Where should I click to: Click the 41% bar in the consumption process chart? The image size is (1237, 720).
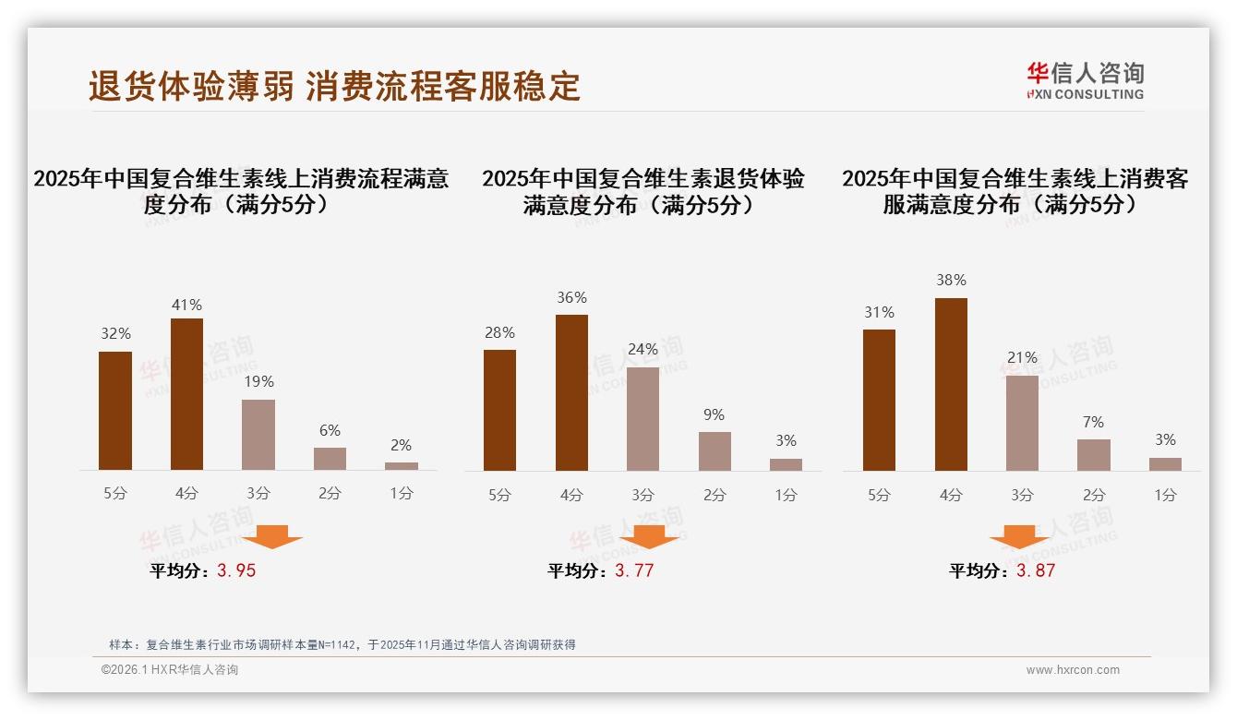coord(186,394)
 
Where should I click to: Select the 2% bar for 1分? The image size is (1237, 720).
coord(402,466)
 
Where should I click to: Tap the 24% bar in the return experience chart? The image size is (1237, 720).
coord(643,419)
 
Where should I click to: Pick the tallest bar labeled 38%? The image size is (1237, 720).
coord(951,384)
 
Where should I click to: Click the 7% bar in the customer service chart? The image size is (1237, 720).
coord(1094,455)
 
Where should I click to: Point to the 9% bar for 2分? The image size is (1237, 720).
coord(715,451)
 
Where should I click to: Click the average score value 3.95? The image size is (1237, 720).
coord(236,570)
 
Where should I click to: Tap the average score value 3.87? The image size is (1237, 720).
coord(1036,570)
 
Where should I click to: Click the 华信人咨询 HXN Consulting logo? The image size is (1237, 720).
coord(1085,80)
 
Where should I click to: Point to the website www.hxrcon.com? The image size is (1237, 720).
coord(1073,670)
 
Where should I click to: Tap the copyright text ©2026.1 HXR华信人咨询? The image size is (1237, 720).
coord(170,670)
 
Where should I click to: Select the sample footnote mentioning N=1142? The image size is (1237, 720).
coord(342,644)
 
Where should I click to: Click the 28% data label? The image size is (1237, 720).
coord(499,333)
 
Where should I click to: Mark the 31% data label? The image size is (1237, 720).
coord(879,313)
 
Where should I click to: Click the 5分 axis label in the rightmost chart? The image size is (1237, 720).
coord(879,496)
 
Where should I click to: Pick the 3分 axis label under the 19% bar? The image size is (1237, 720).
coord(258,494)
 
